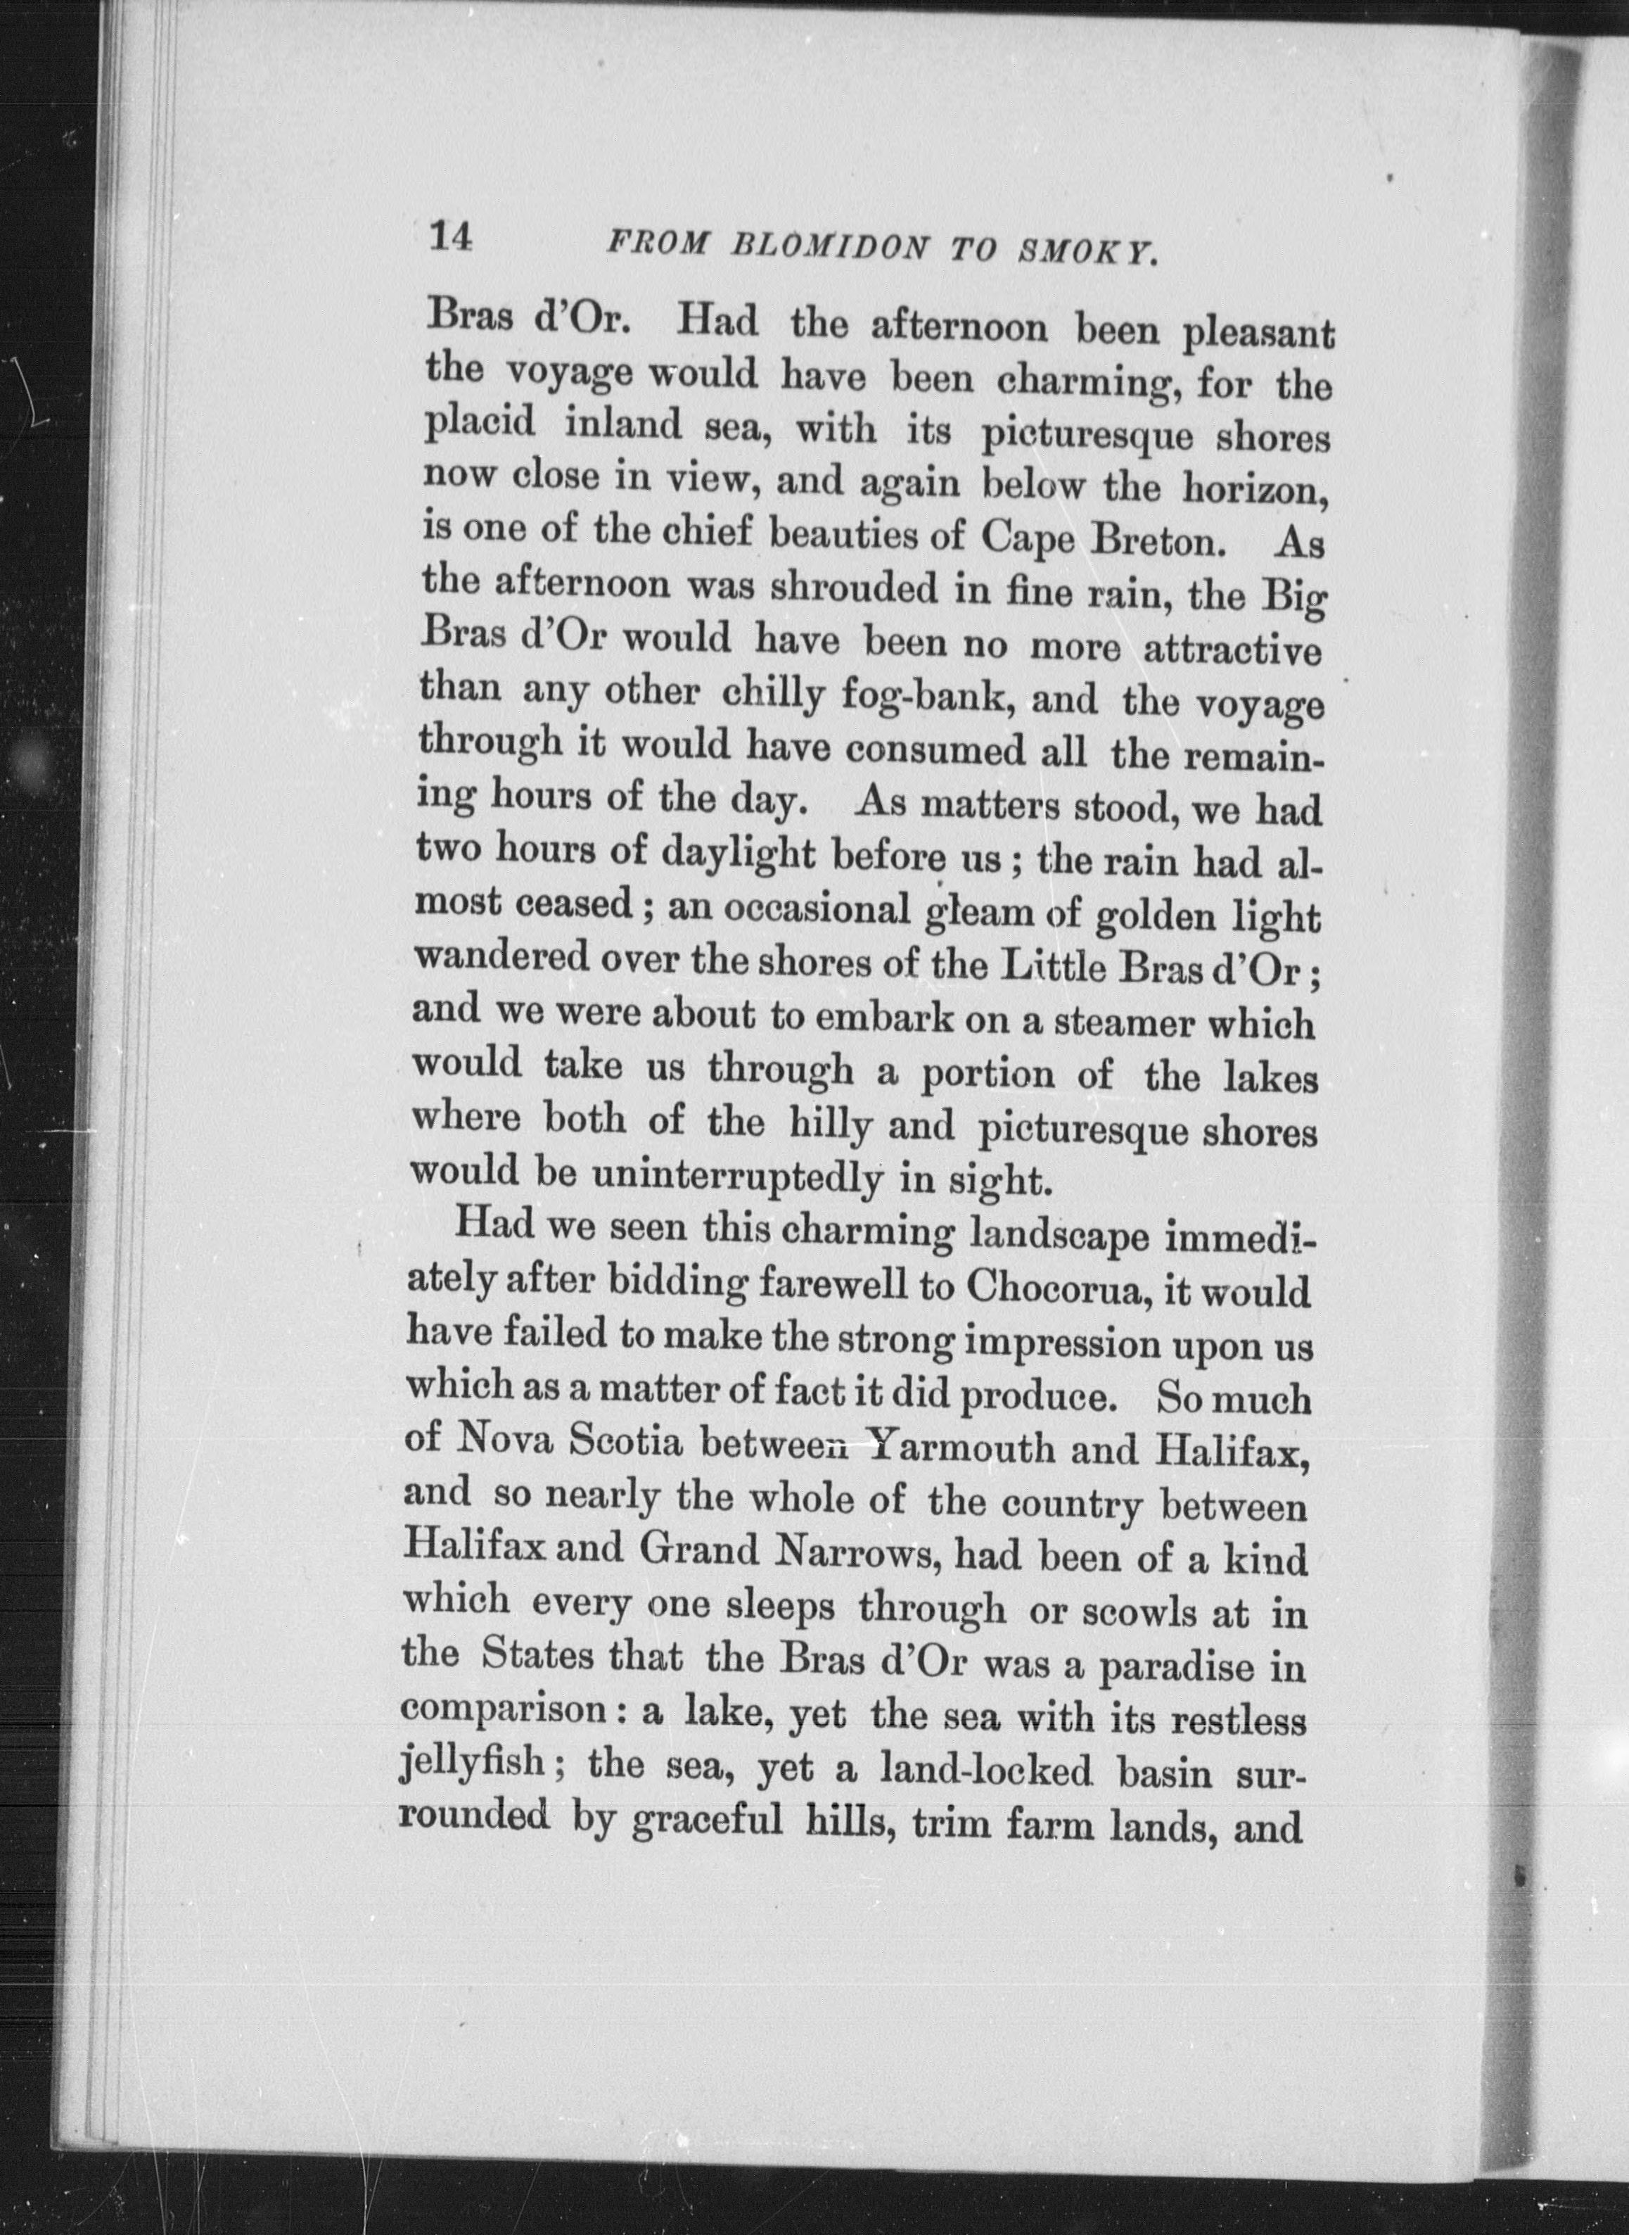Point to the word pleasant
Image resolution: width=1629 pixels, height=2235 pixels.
coord(1258,332)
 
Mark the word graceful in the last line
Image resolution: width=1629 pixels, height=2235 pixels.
coord(706,1823)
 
